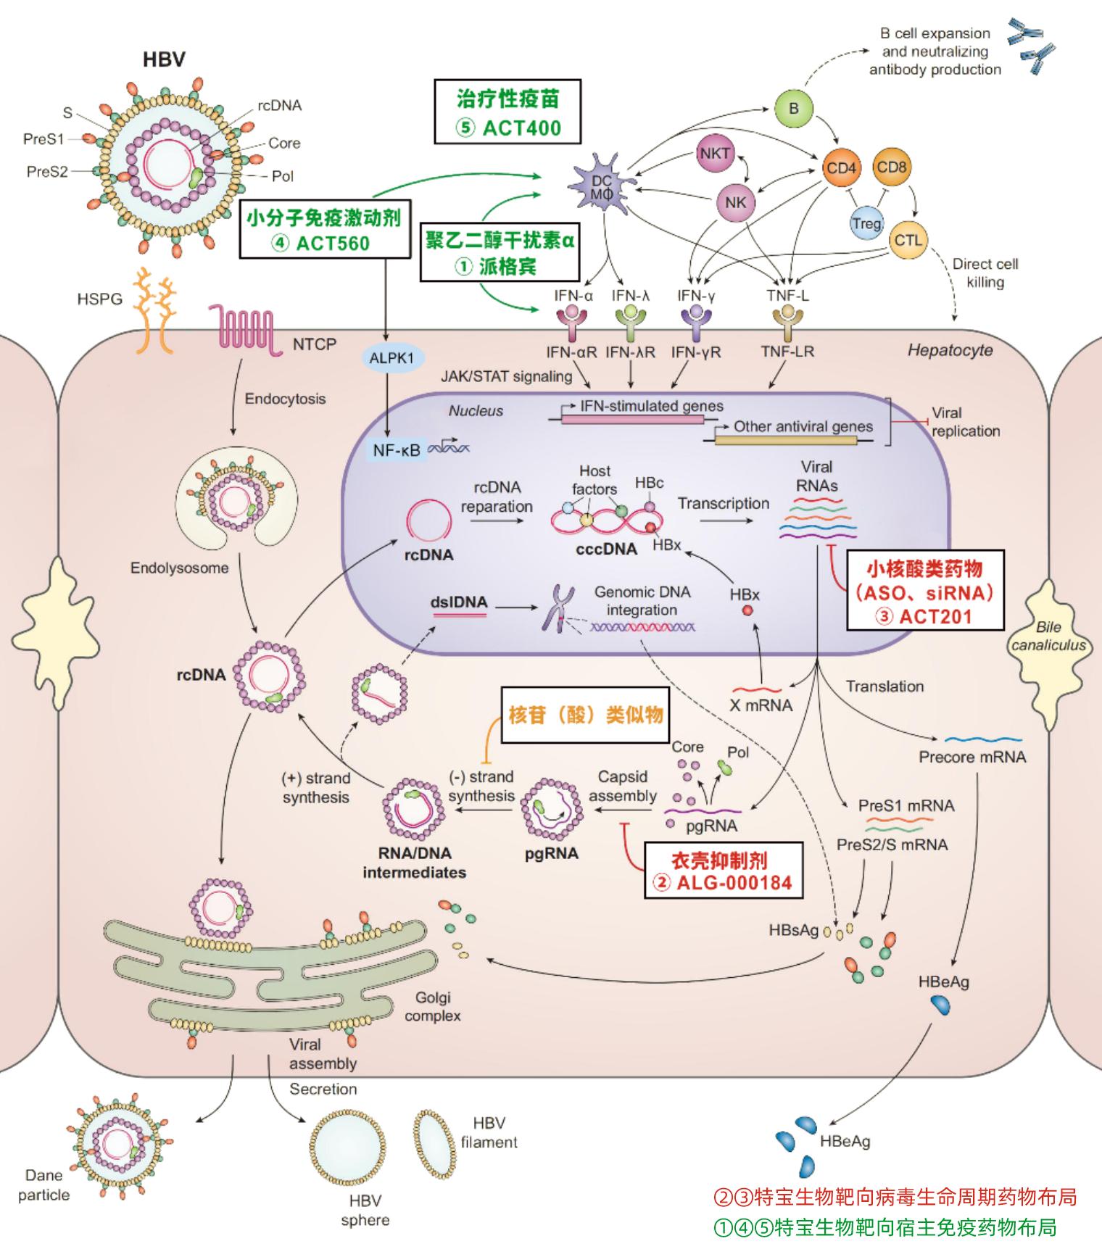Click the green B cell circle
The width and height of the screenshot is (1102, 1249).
pos(793,108)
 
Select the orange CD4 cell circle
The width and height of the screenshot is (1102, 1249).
pos(841,168)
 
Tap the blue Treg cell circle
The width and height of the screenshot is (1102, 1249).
pos(866,223)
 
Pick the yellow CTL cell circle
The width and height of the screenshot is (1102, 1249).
pos(908,240)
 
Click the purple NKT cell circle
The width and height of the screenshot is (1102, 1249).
pos(715,154)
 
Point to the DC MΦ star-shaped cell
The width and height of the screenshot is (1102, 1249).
pos(602,186)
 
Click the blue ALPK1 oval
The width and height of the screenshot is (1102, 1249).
pos(391,358)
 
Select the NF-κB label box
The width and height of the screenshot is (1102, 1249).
pos(397,449)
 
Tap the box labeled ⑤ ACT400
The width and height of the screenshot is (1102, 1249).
pos(507,113)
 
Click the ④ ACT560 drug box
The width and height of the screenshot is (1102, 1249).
pos(326,229)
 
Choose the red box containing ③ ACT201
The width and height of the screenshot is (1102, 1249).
pos(924,592)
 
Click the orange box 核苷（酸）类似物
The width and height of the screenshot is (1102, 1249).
pos(585,715)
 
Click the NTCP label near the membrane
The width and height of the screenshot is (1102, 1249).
pos(315,344)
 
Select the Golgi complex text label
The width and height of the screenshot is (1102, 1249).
pos(433,1007)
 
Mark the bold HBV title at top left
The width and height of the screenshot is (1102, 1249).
pos(164,59)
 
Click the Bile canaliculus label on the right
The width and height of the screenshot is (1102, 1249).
pos(1049,636)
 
